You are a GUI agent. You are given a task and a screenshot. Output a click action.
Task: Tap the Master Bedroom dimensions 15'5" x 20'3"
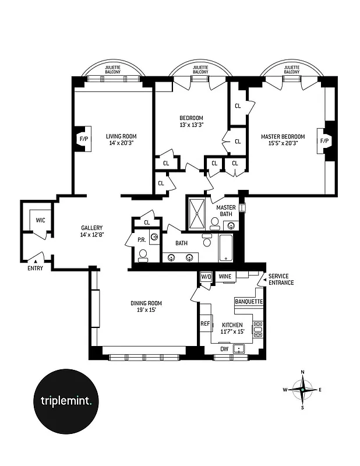click(x=283, y=144)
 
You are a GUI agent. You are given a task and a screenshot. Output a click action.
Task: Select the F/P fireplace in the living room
click(x=82, y=140)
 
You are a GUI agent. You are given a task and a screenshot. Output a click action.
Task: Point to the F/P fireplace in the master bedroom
click(x=324, y=141)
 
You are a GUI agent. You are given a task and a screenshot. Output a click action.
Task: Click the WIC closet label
click(x=40, y=220)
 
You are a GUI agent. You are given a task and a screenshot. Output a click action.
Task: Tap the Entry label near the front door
click(x=36, y=268)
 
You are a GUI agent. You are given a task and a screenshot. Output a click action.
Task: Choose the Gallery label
click(x=92, y=228)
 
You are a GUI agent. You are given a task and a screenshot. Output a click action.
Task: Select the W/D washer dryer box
click(x=206, y=277)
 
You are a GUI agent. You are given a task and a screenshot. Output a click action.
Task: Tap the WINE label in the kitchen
click(x=225, y=277)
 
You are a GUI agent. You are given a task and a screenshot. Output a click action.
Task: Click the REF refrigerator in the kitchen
click(x=205, y=323)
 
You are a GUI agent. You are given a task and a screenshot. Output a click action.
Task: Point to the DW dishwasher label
click(x=224, y=349)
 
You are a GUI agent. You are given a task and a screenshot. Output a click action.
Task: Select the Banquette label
click(x=249, y=302)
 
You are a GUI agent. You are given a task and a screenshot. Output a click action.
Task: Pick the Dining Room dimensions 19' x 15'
click(x=146, y=310)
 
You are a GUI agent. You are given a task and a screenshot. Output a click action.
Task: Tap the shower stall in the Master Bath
click(x=197, y=213)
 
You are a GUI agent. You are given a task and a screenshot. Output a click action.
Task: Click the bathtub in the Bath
click(x=226, y=249)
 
